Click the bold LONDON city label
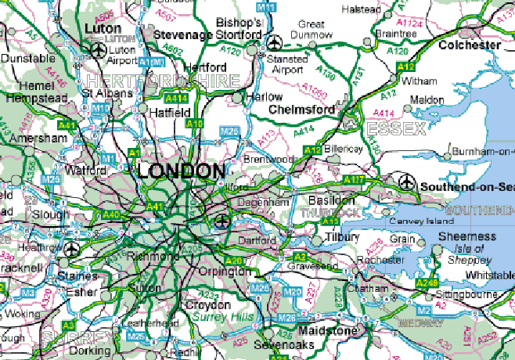(181, 171)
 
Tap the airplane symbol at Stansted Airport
(274, 42)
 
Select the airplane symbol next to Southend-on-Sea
(406, 182)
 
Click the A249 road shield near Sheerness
(427, 283)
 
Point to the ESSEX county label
(397, 128)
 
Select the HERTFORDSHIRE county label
(163, 81)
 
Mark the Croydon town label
(209, 304)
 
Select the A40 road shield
(111, 214)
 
